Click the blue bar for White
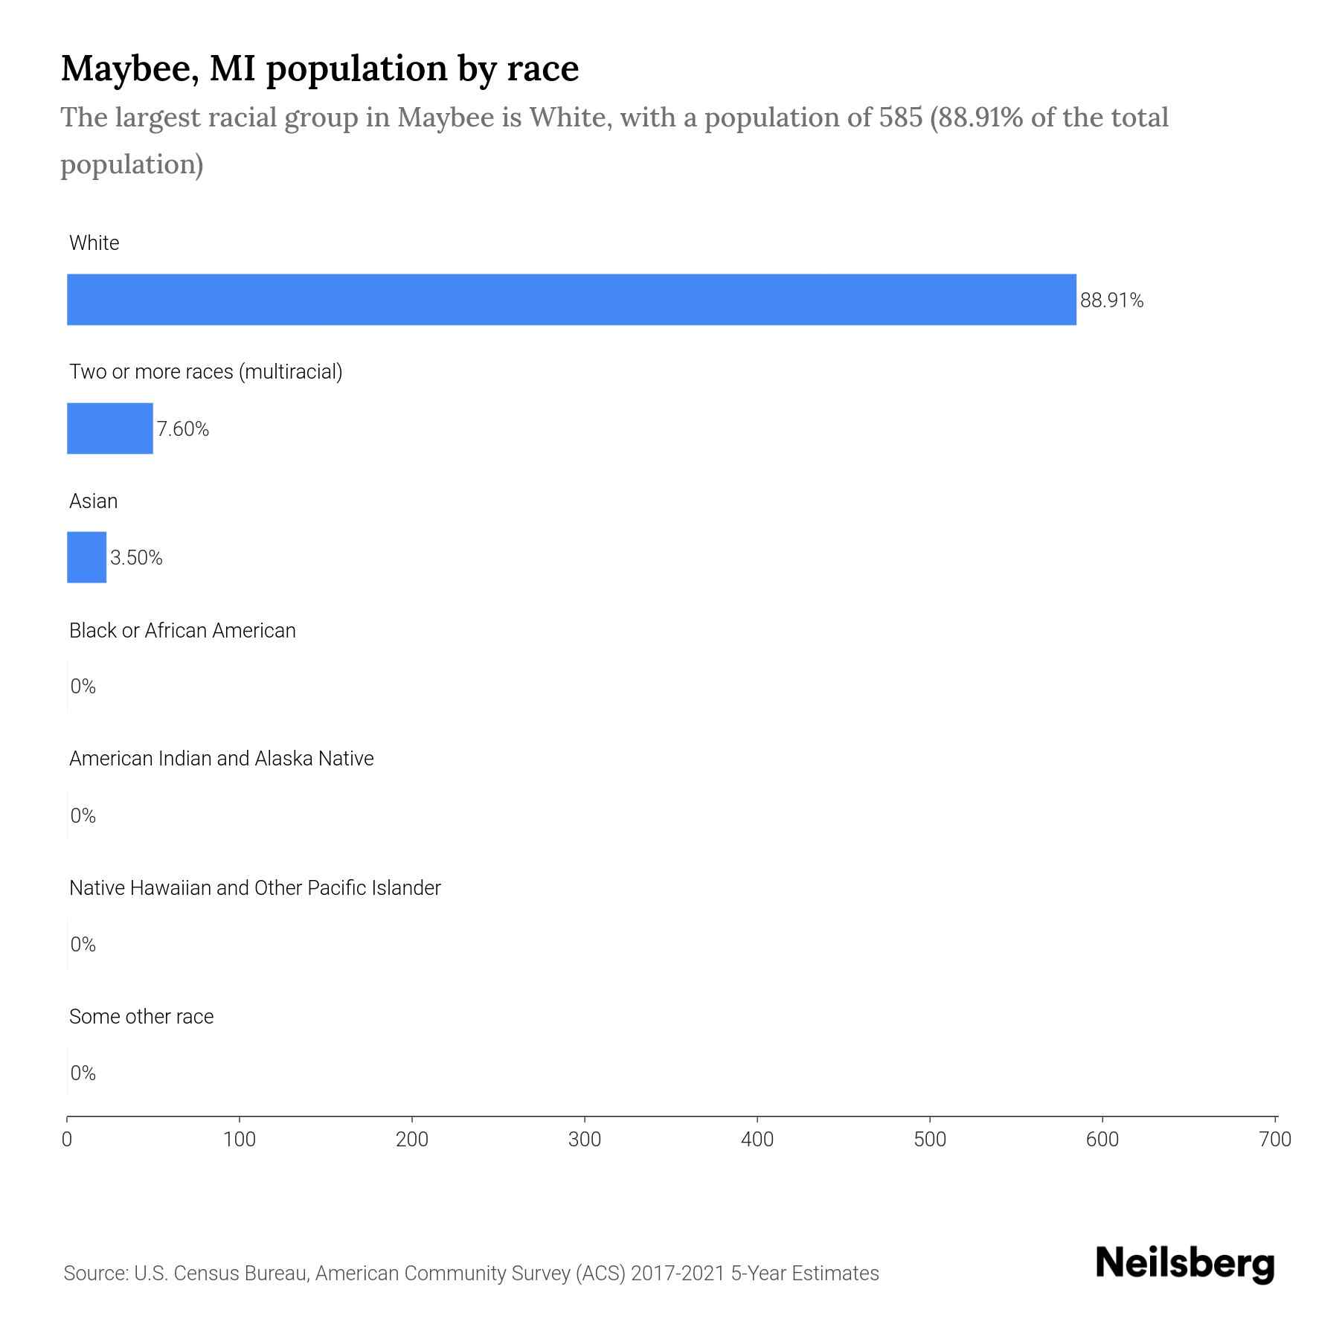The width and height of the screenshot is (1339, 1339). pos(571,300)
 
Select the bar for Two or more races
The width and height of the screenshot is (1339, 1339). pos(110,428)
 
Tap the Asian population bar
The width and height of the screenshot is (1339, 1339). pos(87,557)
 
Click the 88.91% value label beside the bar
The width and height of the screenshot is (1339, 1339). pos(1111,301)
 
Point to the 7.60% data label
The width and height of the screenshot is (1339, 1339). pos(182,429)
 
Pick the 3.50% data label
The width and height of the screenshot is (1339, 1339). pos(136,558)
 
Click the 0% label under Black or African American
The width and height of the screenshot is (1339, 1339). pos(83,687)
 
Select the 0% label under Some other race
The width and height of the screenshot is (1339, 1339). pos(83,1073)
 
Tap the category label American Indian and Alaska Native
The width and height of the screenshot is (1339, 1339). pos(221,759)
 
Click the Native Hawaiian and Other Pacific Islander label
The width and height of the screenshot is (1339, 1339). pos(254,888)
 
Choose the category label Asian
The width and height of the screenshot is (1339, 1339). pos(93,501)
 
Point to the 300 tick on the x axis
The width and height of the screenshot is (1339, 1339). pos(585,1140)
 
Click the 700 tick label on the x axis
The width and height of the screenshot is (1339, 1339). pos(1275,1140)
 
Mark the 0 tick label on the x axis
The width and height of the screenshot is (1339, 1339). pos(67,1140)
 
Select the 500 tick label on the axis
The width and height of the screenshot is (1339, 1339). pos(930,1140)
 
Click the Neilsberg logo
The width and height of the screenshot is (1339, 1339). pos(1185,1264)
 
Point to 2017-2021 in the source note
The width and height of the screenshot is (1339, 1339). pos(677,1274)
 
